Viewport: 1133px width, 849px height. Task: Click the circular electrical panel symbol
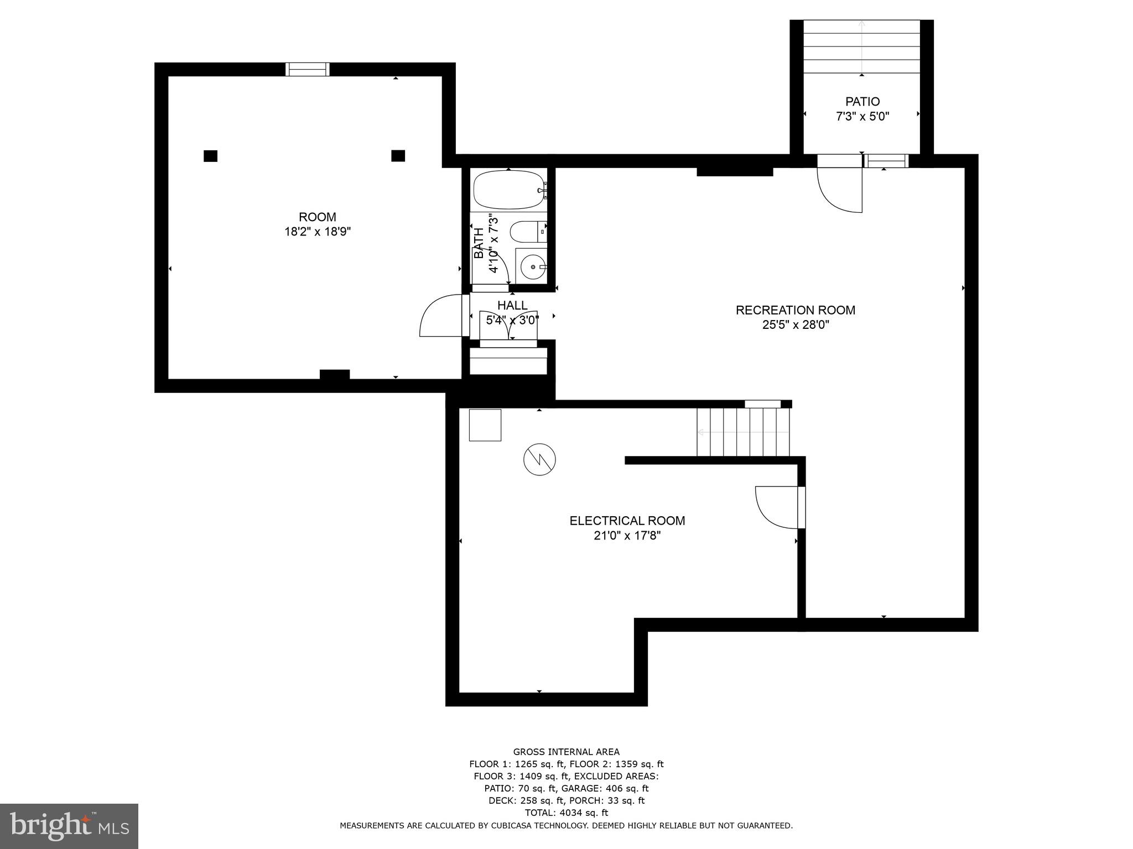pyautogui.click(x=539, y=459)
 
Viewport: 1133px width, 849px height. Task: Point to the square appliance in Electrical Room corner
pyautogui.click(x=485, y=424)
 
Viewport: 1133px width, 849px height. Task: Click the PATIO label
pyautogui.click(x=862, y=102)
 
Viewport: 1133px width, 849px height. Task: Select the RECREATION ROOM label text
pyautogui.click(x=795, y=310)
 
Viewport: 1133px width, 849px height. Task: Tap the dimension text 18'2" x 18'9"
pyautogui.click(x=318, y=232)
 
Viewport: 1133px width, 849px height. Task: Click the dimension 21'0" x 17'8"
pyautogui.click(x=627, y=536)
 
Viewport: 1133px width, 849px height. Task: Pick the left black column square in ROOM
pyautogui.click(x=210, y=156)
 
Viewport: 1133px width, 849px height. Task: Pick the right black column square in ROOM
pyautogui.click(x=398, y=156)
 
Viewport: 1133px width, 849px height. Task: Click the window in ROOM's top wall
pyautogui.click(x=308, y=69)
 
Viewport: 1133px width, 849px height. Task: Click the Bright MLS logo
pyautogui.click(x=69, y=826)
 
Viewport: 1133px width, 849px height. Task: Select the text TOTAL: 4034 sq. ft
pyautogui.click(x=566, y=813)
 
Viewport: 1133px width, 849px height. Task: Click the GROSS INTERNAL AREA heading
pyautogui.click(x=566, y=752)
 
